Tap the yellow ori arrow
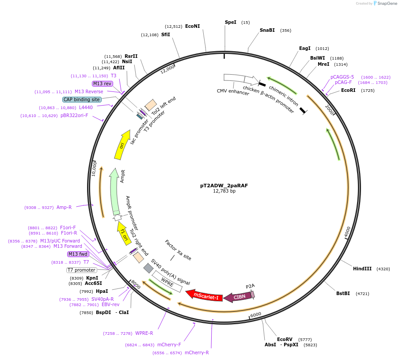122,145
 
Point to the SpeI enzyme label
231,22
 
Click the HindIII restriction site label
362,269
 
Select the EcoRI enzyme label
348,91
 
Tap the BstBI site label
343,293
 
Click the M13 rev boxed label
102,83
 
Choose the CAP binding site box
82,99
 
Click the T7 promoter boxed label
81,270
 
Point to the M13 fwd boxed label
78,254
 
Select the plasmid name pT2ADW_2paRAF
224,186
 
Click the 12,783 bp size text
224,191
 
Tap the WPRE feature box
167,281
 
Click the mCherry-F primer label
169,345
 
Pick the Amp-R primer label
64,207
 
